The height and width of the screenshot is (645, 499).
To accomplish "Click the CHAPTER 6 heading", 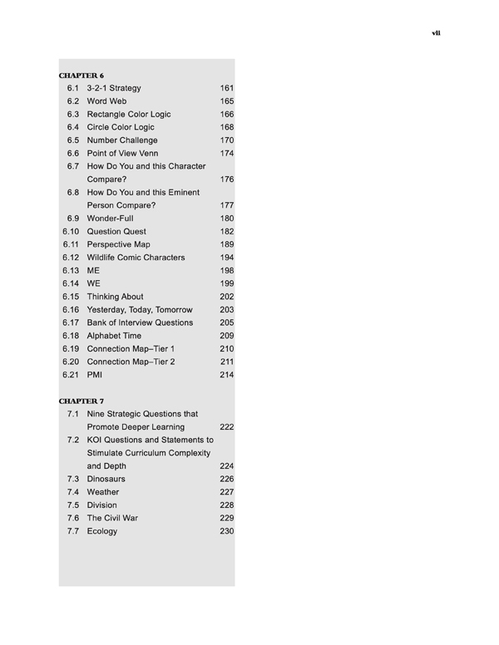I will point(82,75).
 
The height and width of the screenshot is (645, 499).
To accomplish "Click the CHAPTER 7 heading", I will point(82,401).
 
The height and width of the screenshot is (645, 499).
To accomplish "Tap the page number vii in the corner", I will point(436,33).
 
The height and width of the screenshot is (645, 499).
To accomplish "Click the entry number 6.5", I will point(72,140).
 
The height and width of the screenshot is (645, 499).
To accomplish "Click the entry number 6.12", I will point(70,258).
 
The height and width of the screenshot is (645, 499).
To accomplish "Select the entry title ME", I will point(93,270).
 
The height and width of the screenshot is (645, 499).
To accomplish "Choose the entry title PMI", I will point(95,375).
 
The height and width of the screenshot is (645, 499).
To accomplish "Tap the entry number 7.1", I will point(72,413).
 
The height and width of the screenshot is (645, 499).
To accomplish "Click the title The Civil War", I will point(112,518).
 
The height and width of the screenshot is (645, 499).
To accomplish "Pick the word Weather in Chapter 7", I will point(103,492).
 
